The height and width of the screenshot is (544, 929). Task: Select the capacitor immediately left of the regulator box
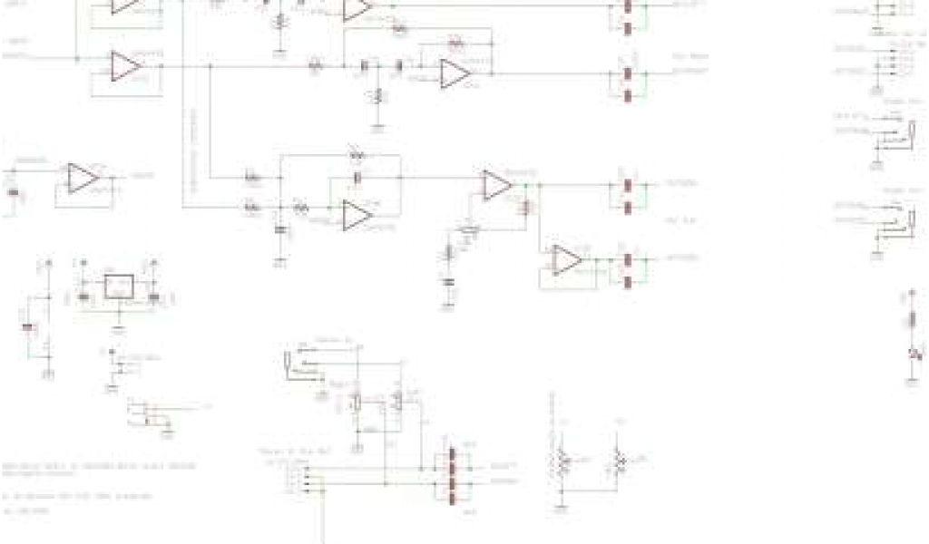click(x=83, y=296)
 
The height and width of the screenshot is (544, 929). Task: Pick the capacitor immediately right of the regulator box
click(x=154, y=296)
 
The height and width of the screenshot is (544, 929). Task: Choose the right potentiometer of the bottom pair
click(x=621, y=462)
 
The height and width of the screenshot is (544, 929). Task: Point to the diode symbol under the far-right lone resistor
click(x=913, y=351)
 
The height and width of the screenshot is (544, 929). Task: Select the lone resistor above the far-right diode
click(x=913, y=319)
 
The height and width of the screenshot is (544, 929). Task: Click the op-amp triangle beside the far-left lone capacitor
click(x=83, y=178)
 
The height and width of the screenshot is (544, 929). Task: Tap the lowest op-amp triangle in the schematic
click(x=567, y=259)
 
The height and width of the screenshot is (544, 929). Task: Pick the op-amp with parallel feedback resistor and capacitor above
click(x=357, y=216)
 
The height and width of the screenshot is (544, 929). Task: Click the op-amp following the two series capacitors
click(x=454, y=74)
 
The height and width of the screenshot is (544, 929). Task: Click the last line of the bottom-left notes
click(x=18, y=510)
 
